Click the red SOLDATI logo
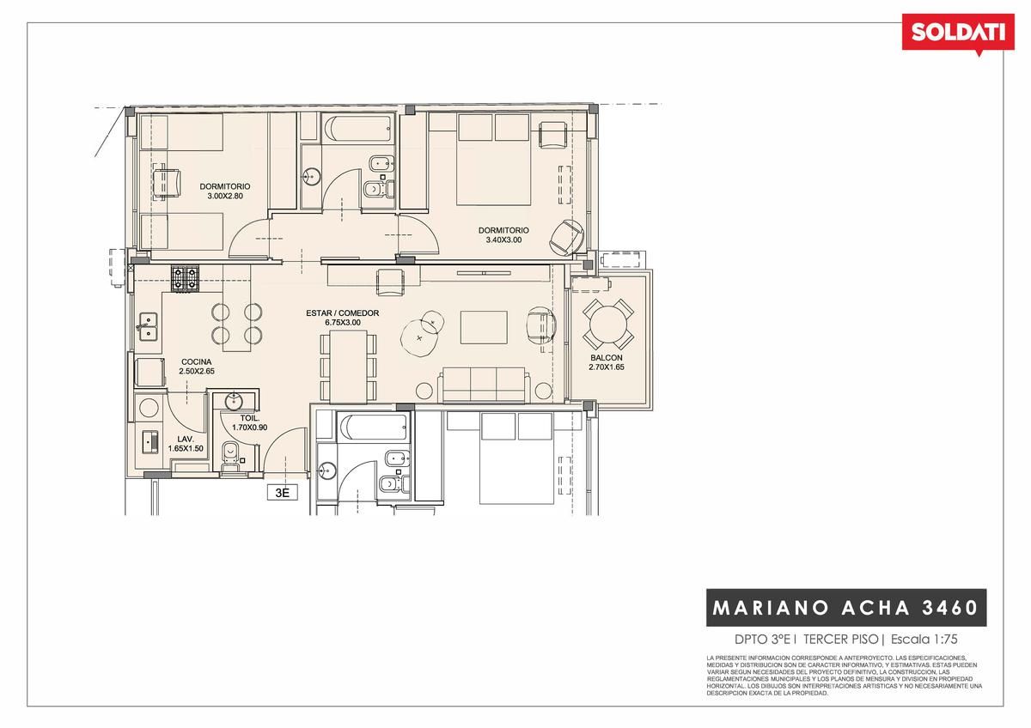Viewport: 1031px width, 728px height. (958, 34)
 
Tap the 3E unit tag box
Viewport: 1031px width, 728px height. (282, 493)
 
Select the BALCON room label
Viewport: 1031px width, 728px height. (607, 357)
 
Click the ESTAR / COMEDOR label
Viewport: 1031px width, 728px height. (343, 313)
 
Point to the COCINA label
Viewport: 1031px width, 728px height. (196, 362)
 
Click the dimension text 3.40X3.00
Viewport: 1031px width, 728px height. (503, 240)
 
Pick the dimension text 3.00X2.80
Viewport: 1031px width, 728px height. (225, 196)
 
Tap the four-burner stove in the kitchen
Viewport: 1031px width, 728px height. (185, 279)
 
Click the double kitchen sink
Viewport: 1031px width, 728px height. (148, 326)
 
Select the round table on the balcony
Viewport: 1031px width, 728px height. (608, 325)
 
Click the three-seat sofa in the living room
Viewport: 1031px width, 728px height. (484, 385)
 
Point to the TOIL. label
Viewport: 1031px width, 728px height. (250, 418)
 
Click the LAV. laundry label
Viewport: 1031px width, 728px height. (186, 440)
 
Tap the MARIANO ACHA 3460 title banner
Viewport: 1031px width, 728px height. (846, 608)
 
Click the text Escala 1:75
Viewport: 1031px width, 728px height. (924, 640)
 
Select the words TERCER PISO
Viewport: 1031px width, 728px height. (840, 640)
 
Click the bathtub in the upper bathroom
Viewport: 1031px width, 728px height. (358, 127)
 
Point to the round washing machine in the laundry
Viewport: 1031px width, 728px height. (149, 408)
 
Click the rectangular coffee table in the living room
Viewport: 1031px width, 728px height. (484, 327)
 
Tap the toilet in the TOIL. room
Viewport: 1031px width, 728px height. (229, 454)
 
